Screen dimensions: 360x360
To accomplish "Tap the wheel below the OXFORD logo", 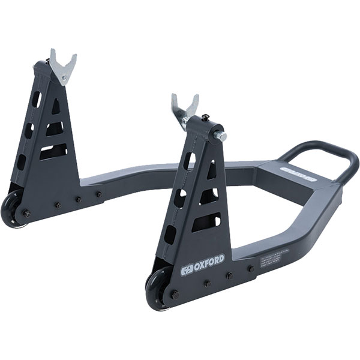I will pyautogui.click(x=157, y=291).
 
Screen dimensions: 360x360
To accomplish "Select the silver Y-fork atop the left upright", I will pyautogui.click(x=62, y=66).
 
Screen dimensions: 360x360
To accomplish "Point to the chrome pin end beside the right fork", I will pyautogui.click(x=221, y=136).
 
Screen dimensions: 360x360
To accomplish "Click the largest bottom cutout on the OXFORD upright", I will pyautogui.click(x=206, y=223).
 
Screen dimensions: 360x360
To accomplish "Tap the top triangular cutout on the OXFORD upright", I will pyautogui.click(x=211, y=171).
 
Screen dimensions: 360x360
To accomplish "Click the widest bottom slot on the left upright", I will pyautogui.click(x=53, y=151).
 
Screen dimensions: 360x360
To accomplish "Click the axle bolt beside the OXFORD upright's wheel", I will pyautogui.click(x=175, y=293).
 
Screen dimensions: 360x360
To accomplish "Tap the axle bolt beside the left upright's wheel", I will pyautogui.click(x=26, y=212).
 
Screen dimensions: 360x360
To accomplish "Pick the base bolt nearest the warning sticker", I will pyautogui.click(x=250, y=268).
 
